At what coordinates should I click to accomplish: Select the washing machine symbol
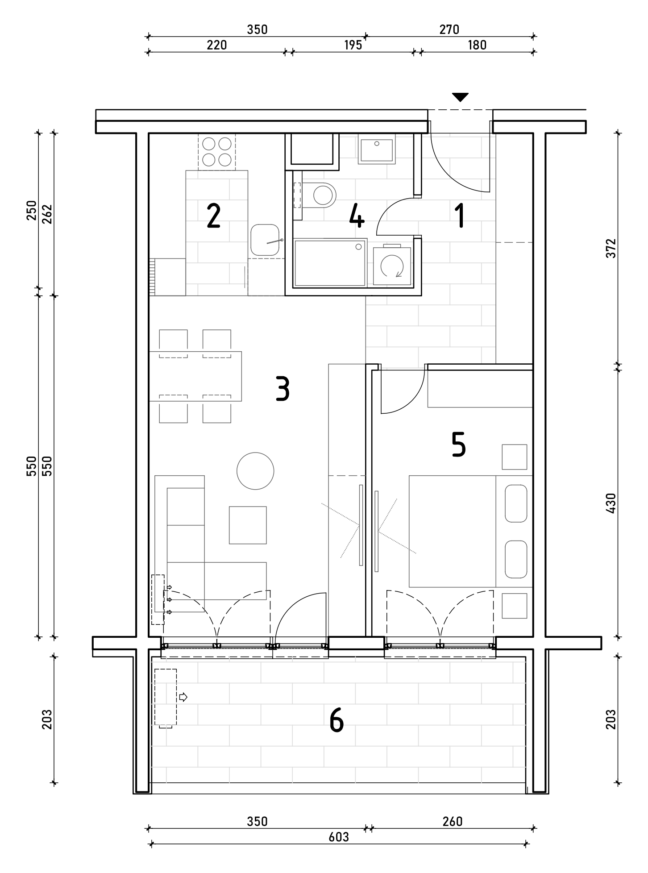click(x=392, y=266)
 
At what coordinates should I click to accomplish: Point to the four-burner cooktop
click(x=217, y=152)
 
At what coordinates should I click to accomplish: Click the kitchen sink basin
click(x=266, y=240)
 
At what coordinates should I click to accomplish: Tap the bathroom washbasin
click(x=377, y=149)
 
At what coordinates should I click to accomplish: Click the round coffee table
click(x=255, y=471)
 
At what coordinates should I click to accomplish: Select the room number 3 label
click(x=282, y=389)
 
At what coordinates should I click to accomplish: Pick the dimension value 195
click(x=353, y=46)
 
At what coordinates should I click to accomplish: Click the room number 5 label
click(x=459, y=445)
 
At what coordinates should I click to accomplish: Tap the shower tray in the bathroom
click(x=330, y=263)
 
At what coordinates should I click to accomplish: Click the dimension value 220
click(x=217, y=46)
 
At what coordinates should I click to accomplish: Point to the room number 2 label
click(x=214, y=216)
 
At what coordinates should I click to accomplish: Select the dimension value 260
click(x=453, y=821)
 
